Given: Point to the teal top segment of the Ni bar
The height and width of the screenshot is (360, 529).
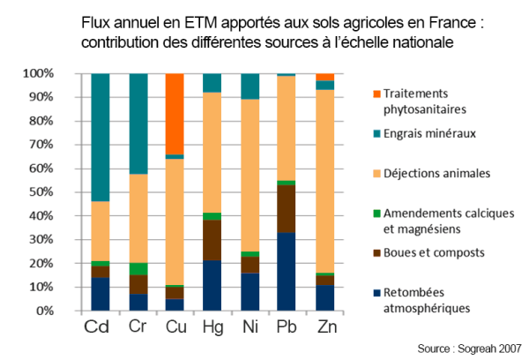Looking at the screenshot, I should [x=250, y=86].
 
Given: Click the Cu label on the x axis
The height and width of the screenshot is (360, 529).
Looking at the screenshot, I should [x=174, y=327].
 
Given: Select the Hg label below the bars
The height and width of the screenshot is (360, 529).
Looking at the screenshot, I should [x=212, y=327].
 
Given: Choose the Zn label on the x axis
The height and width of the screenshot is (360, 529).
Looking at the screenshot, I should [x=325, y=327].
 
